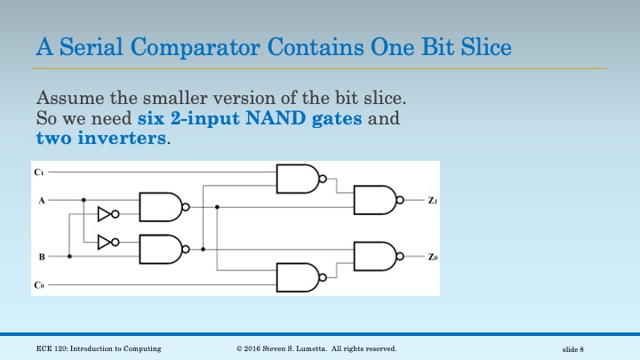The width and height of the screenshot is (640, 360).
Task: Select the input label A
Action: point(41,201)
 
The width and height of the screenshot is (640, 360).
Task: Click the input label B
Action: point(41,256)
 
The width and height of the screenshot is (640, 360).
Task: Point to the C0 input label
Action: point(39,285)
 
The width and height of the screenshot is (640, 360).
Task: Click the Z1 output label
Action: point(432,202)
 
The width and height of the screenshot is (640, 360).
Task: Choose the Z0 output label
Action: point(432,257)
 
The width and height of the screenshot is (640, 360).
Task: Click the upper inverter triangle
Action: point(107,214)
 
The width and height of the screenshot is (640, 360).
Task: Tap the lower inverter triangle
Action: point(107,241)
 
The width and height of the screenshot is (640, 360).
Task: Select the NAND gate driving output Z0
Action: point(377,256)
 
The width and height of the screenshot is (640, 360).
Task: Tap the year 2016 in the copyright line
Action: point(257,348)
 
